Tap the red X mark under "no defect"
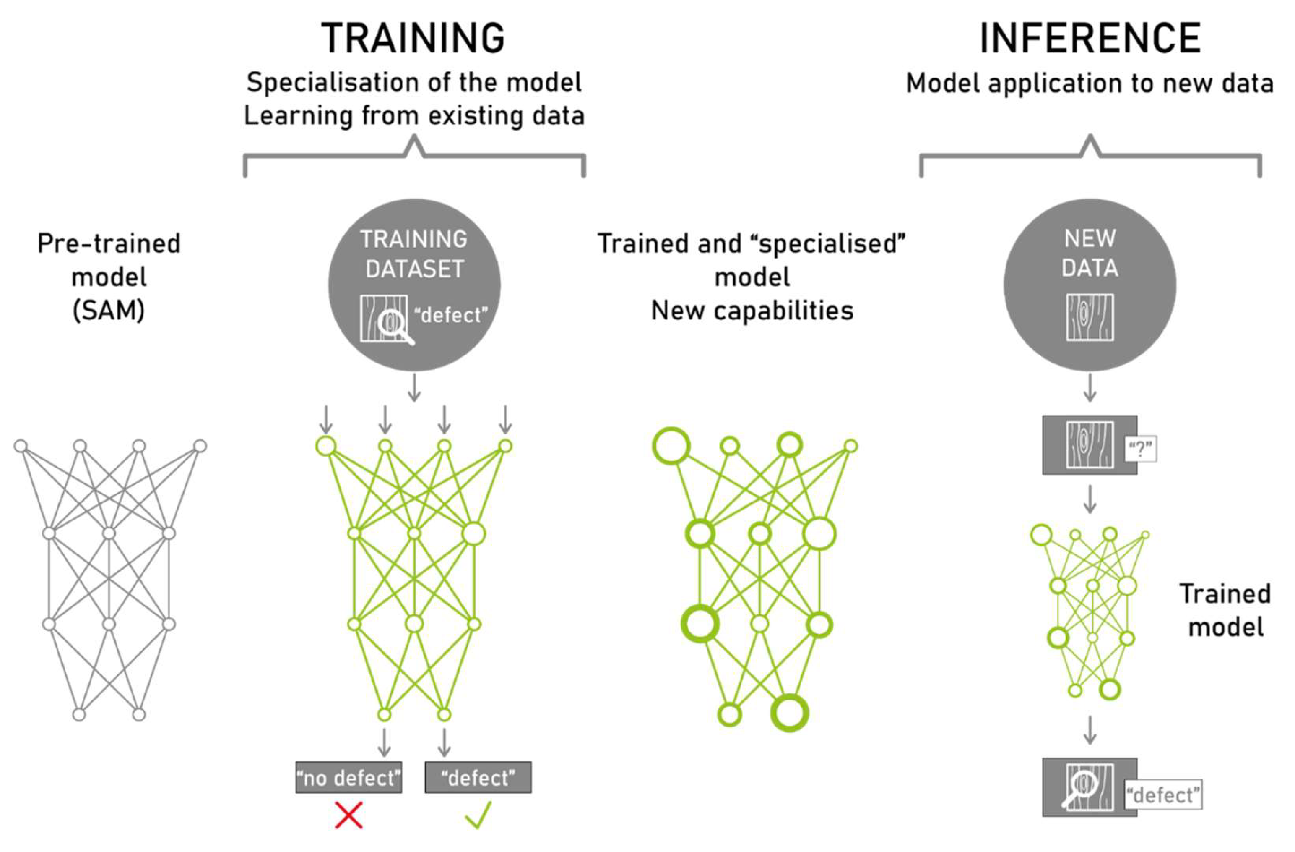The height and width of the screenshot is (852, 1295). pyautogui.click(x=349, y=815)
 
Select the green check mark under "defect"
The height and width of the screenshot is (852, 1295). pyautogui.click(x=478, y=815)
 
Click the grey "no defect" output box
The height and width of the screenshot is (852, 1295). pyautogui.click(x=349, y=777)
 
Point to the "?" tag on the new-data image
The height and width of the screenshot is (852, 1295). pyautogui.click(x=1140, y=450)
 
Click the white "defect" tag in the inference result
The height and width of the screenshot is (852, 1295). pyautogui.click(x=1163, y=795)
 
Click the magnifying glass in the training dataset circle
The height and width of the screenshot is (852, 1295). pyautogui.click(x=396, y=325)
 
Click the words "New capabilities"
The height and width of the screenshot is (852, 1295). pyautogui.click(x=752, y=311)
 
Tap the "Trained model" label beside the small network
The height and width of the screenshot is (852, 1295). pyautogui.click(x=1225, y=610)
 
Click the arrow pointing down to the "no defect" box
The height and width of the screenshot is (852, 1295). pyautogui.click(x=385, y=742)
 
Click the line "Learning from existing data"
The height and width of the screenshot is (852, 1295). pyautogui.click(x=414, y=116)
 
